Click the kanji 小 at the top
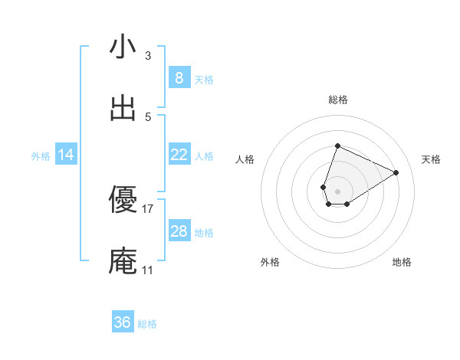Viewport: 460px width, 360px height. point(123,47)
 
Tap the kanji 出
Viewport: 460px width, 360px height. point(123,109)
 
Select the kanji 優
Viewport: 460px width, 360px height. point(123,200)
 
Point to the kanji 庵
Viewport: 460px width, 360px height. point(123,261)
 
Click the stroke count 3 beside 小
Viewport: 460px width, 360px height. point(148,56)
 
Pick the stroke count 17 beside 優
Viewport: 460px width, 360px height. point(148,208)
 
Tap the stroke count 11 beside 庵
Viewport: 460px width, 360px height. point(148,270)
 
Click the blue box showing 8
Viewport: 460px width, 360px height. point(179,78)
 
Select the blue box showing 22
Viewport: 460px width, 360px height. point(179,155)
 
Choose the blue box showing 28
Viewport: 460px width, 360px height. point(179,231)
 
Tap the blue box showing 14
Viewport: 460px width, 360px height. point(66,155)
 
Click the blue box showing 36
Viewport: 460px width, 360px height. point(123,322)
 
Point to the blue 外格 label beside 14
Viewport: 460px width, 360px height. point(41,155)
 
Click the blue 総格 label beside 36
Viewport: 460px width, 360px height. point(147,324)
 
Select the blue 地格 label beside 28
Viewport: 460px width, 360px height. point(204,232)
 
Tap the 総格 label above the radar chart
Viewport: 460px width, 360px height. point(337,100)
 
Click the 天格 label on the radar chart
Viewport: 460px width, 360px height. point(431,159)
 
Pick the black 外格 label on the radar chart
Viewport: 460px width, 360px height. point(270,262)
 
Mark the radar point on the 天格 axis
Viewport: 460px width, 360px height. point(396,172)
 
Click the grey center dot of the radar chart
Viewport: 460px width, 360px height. point(337,191)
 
